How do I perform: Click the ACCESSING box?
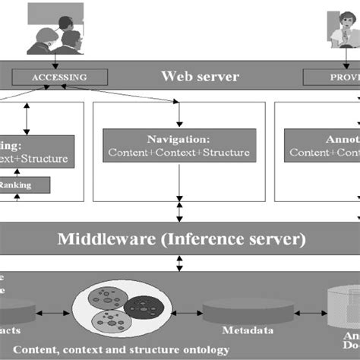point(58,77)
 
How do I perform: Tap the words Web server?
point(200,77)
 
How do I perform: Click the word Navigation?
point(178,139)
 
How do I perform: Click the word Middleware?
point(108,240)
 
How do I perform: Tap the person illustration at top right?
point(342,30)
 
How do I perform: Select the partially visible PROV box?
point(331,77)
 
